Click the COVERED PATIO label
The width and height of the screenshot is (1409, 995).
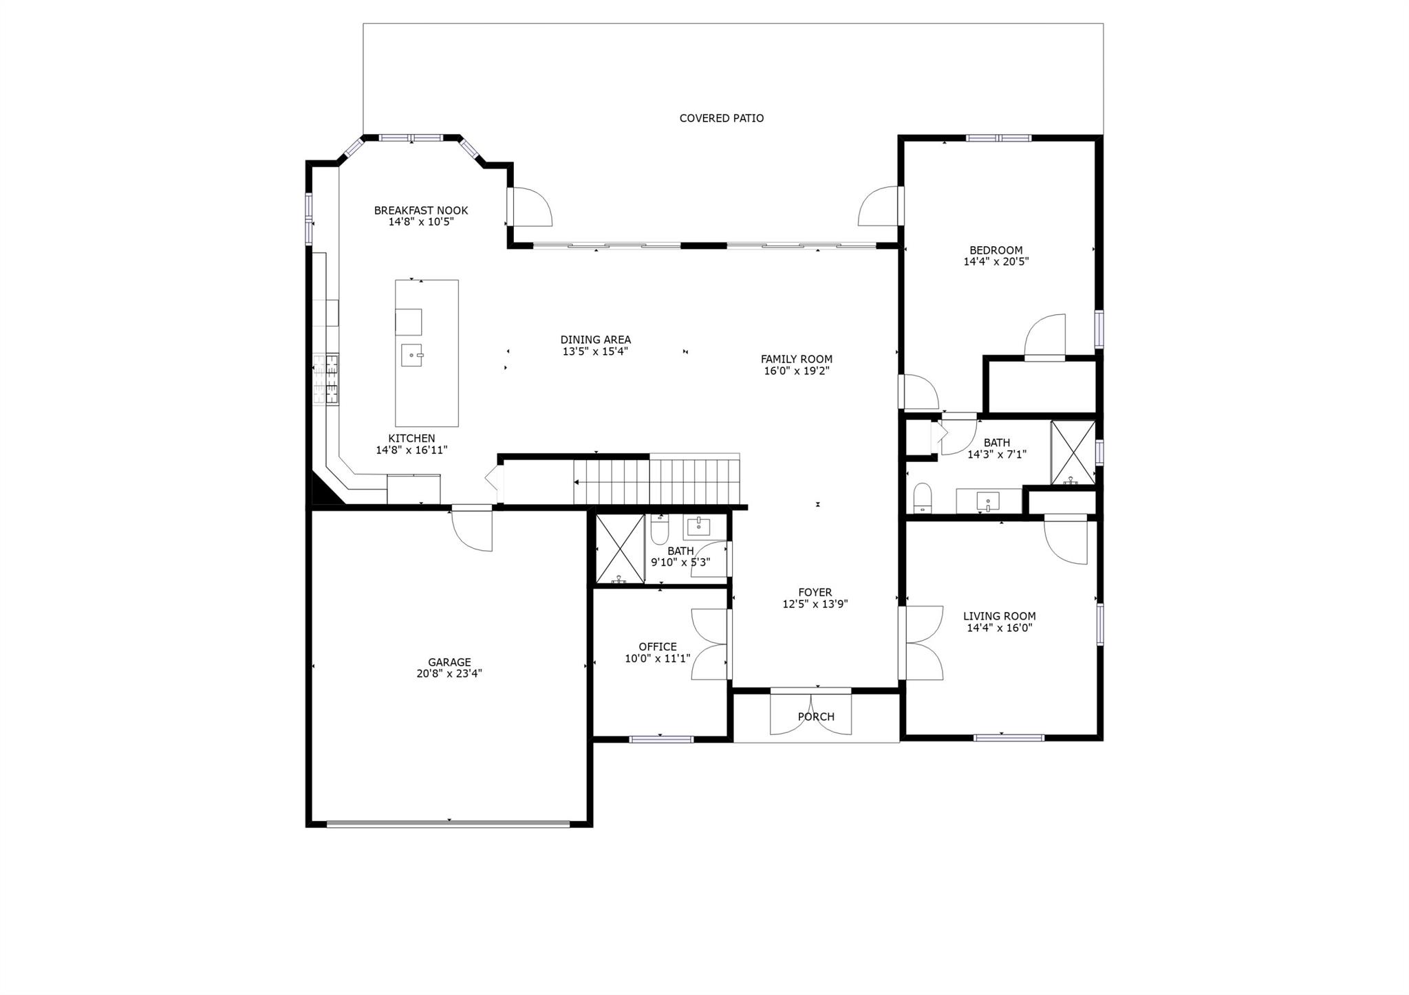click(721, 118)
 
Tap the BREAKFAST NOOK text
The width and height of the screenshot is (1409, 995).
click(420, 210)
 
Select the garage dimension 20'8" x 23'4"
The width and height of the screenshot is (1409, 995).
click(449, 674)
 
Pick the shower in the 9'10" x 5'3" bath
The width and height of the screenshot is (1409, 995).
click(619, 549)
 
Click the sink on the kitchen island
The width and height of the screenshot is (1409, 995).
click(411, 356)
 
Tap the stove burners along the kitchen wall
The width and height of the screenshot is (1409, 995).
click(326, 378)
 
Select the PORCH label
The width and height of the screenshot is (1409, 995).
click(816, 717)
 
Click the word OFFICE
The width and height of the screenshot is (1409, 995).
click(657, 646)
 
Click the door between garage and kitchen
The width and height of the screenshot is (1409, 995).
click(473, 528)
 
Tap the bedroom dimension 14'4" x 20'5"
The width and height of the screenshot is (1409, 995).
click(996, 262)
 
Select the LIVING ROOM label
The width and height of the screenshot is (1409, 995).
click(999, 616)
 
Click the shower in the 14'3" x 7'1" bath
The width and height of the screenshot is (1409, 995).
click(1073, 452)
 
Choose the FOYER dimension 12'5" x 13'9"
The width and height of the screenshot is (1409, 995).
click(815, 604)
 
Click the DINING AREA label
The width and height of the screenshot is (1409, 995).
click(595, 340)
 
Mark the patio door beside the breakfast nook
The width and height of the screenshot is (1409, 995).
click(530, 206)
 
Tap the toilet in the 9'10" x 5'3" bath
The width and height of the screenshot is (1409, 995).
click(659, 529)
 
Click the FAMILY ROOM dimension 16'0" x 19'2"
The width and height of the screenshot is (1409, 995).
click(796, 371)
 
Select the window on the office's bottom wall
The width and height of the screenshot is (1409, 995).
click(661, 739)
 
